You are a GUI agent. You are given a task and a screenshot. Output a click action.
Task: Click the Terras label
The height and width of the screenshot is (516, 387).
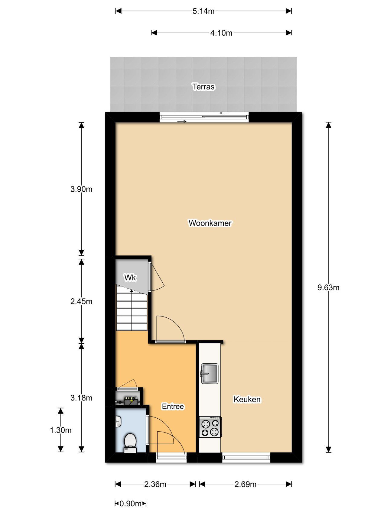point(204,87)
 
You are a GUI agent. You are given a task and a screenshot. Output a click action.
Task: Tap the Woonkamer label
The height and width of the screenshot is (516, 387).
point(210,223)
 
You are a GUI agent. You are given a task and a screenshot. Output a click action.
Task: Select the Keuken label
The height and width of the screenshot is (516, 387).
point(247,399)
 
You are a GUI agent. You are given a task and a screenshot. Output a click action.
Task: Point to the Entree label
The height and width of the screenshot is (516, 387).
point(173,406)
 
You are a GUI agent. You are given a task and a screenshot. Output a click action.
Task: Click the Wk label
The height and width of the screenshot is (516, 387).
point(130,277)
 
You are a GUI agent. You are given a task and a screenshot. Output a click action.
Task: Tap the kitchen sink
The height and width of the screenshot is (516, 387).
point(209,373)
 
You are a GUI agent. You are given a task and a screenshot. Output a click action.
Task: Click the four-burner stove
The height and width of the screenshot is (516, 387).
point(210,427)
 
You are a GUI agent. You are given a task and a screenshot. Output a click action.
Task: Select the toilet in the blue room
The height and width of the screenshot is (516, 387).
point(130,443)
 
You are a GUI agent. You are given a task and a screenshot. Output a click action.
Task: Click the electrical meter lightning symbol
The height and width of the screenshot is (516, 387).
point(131,401)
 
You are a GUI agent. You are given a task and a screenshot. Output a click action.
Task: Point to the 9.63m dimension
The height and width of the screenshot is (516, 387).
point(328,287)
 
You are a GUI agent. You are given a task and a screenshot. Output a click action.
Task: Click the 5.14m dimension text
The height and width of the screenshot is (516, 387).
point(203,11)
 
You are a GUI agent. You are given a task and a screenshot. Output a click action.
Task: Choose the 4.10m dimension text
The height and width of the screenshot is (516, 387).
point(221,33)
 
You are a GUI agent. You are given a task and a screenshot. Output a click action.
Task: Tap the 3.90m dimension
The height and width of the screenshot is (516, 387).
point(81,189)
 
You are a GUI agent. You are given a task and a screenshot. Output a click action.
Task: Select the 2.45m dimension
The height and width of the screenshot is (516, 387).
point(81,301)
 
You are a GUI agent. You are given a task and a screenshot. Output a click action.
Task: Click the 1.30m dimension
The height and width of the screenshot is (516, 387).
point(61,430)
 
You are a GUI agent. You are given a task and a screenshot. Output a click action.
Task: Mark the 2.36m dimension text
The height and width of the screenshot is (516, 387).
point(155,484)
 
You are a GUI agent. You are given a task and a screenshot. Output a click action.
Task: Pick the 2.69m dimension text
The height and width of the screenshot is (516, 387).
point(246,484)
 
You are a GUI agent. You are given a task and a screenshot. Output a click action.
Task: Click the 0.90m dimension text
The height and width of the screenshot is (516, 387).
point(131,504)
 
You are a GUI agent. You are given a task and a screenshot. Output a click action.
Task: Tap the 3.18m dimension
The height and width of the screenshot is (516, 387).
point(81,398)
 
